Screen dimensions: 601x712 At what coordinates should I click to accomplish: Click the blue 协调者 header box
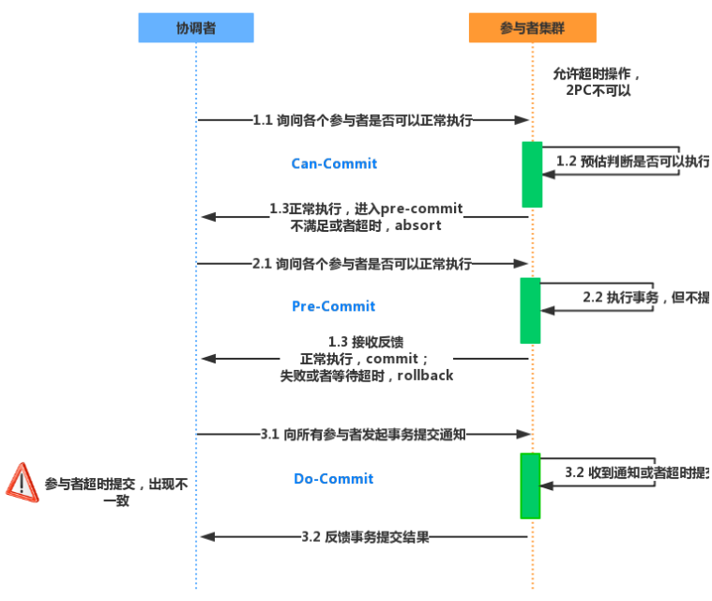point(196,28)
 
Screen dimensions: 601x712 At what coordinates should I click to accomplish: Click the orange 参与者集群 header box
point(532,28)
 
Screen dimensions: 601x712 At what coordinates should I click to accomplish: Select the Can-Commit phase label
point(334,163)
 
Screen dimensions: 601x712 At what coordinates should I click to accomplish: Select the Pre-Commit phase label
point(333,306)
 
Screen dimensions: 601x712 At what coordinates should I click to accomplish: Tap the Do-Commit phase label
point(333,479)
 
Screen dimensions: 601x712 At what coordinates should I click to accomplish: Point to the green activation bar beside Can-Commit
point(532,174)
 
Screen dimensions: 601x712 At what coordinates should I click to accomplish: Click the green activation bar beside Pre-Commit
point(531,310)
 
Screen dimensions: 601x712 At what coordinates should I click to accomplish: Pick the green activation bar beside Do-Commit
point(531,485)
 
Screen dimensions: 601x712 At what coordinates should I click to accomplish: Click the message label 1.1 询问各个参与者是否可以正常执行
point(362,120)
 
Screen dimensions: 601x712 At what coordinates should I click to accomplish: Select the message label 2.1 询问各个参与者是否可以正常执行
point(361,264)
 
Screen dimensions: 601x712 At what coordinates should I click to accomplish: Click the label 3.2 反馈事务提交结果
point(365,537)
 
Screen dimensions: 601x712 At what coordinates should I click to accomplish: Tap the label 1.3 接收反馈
point(366,342)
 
